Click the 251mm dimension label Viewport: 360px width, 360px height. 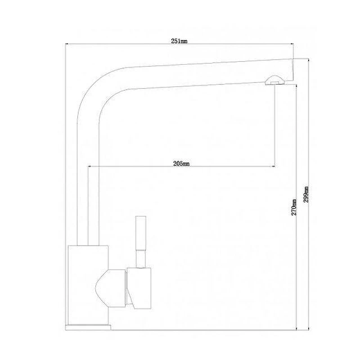pyautogui.click(x=179, y=41)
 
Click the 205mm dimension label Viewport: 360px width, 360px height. pyautogui.click(x=181, y=163)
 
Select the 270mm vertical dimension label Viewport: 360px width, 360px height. pyautogui.click(x=294, y=207)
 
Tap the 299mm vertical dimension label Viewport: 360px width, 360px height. pyautogui.click(x=306, y=194)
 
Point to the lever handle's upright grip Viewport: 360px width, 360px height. pyautogui.click(x=141, y=233)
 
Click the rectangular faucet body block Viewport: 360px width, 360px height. pyautogui.click(x=88, y=285)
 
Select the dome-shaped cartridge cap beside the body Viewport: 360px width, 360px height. pyautogui.click(x=110, y=288)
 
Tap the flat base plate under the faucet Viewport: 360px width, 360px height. pyautogui.click(x=88, y=328)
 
